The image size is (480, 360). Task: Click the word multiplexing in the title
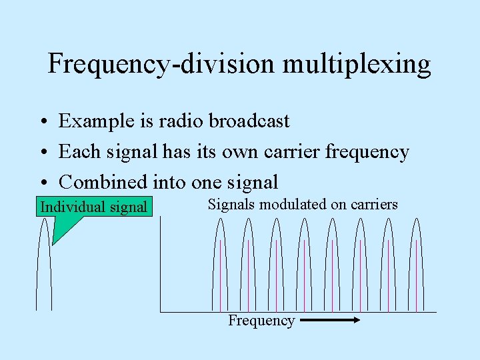coord(357,65)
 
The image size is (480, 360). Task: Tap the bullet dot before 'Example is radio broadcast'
coord(42,122)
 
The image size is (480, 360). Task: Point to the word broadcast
coord(249,121)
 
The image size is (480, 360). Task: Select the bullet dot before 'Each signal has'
coord(42,153)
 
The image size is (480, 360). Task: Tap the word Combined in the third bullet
coord(103,182)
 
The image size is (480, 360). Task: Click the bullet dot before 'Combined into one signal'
coord(42,183)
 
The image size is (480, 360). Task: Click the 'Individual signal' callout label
coord(94,207)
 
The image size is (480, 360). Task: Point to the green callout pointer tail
coord(61,231)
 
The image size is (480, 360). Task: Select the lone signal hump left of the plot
coord(44,267)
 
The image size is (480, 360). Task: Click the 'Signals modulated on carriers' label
coord(303,205)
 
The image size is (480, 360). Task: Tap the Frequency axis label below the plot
coord(261,321)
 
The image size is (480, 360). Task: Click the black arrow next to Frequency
coord(330,321)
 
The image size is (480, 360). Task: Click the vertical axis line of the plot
coord(160,267)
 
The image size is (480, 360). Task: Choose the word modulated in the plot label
coord(290,205)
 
